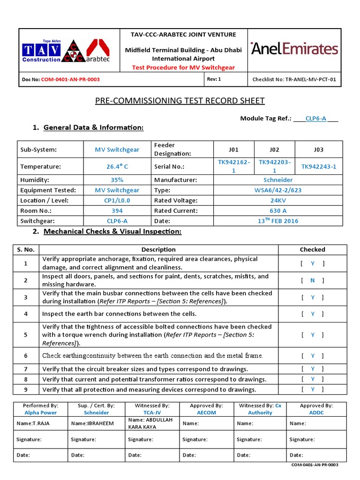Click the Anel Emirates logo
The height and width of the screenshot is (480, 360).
[294, 49]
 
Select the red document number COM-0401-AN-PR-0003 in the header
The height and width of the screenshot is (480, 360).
[70, 80]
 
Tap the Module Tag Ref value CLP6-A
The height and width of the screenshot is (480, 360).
[315, 119]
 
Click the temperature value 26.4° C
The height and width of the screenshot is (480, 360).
[117, 166]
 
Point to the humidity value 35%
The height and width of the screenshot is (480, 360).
[117, 180]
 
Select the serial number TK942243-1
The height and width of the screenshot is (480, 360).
[319, 166]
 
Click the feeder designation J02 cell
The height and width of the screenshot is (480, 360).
[274, 150]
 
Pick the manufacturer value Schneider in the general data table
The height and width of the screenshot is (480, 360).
[278, 180]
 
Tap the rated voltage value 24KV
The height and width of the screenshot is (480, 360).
[278, 200]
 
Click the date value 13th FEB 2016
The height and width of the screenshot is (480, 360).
[278, 221]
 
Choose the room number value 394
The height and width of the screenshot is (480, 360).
[117, 210]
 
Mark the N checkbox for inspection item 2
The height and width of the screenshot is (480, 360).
[313, 280]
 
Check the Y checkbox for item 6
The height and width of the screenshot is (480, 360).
[313, 356]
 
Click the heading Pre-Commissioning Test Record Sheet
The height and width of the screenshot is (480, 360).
[180, 101]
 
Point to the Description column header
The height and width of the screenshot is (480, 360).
[158, 249]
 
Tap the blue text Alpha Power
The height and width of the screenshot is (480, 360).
[40, 412]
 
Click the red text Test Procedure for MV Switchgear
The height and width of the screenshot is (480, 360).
[183, 67]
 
